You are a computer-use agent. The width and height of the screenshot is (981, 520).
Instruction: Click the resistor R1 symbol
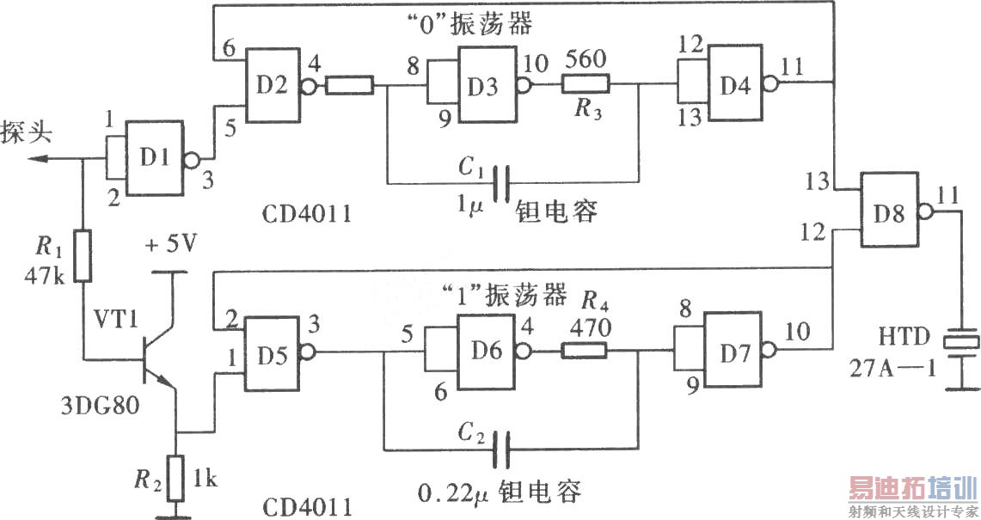[83, 256]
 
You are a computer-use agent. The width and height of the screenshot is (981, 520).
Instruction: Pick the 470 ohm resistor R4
[585, 350]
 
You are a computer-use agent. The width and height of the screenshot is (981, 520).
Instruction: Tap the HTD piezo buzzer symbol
[960, 341]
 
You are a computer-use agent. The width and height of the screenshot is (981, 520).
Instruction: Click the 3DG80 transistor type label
[96, 402]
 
